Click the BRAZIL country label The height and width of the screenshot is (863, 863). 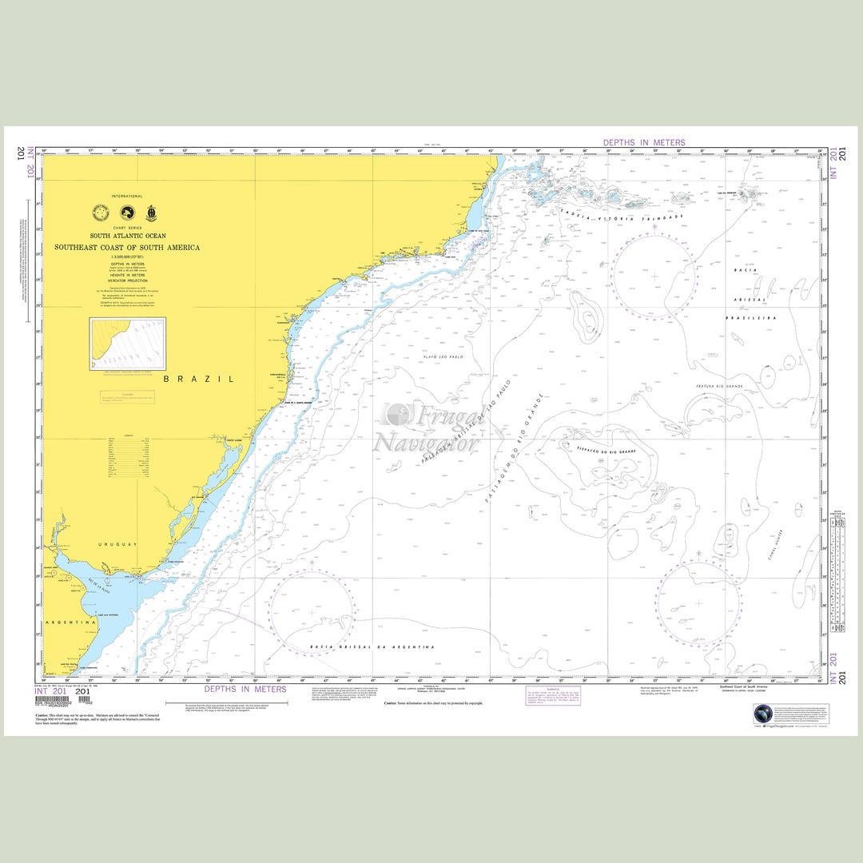pyautogui.click(x=199, y=379)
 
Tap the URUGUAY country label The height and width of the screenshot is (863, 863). pyautogui.click(x=118, y=544)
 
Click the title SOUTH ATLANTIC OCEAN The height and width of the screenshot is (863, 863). pyautogui.click(x=128, y=237)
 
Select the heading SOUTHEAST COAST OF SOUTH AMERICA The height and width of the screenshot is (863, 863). pyautogui.click(x=127, y=248)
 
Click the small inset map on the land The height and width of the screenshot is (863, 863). pyautogui.click(x=128, y=344)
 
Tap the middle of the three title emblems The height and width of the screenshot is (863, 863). pyautogui.click(x=126, y=213)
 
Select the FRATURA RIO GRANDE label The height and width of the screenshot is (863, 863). pyautogui.click(x=718, y=387)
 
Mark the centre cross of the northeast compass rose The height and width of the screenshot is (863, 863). pyautogui.click(x=654, y=276)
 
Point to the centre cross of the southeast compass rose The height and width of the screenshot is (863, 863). pyautogui.click(x=698, y=603)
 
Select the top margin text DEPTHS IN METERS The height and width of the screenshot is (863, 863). pyautogui.click(x=644, y=143)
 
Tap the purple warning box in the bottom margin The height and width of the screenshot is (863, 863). pyautogui.click(x=553, y=695)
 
